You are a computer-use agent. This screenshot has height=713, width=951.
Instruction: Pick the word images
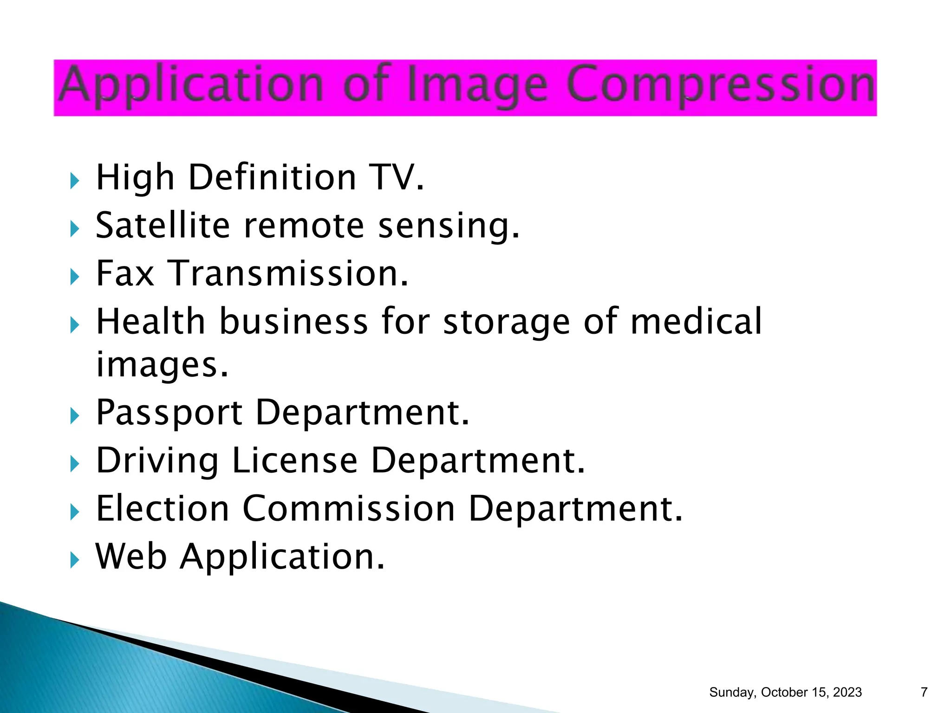point(162,365)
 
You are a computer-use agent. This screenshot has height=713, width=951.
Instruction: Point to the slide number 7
point(924,692)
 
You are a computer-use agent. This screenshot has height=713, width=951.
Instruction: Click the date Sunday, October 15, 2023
point(785,692)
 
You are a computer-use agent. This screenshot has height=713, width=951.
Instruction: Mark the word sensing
point(449,227)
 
